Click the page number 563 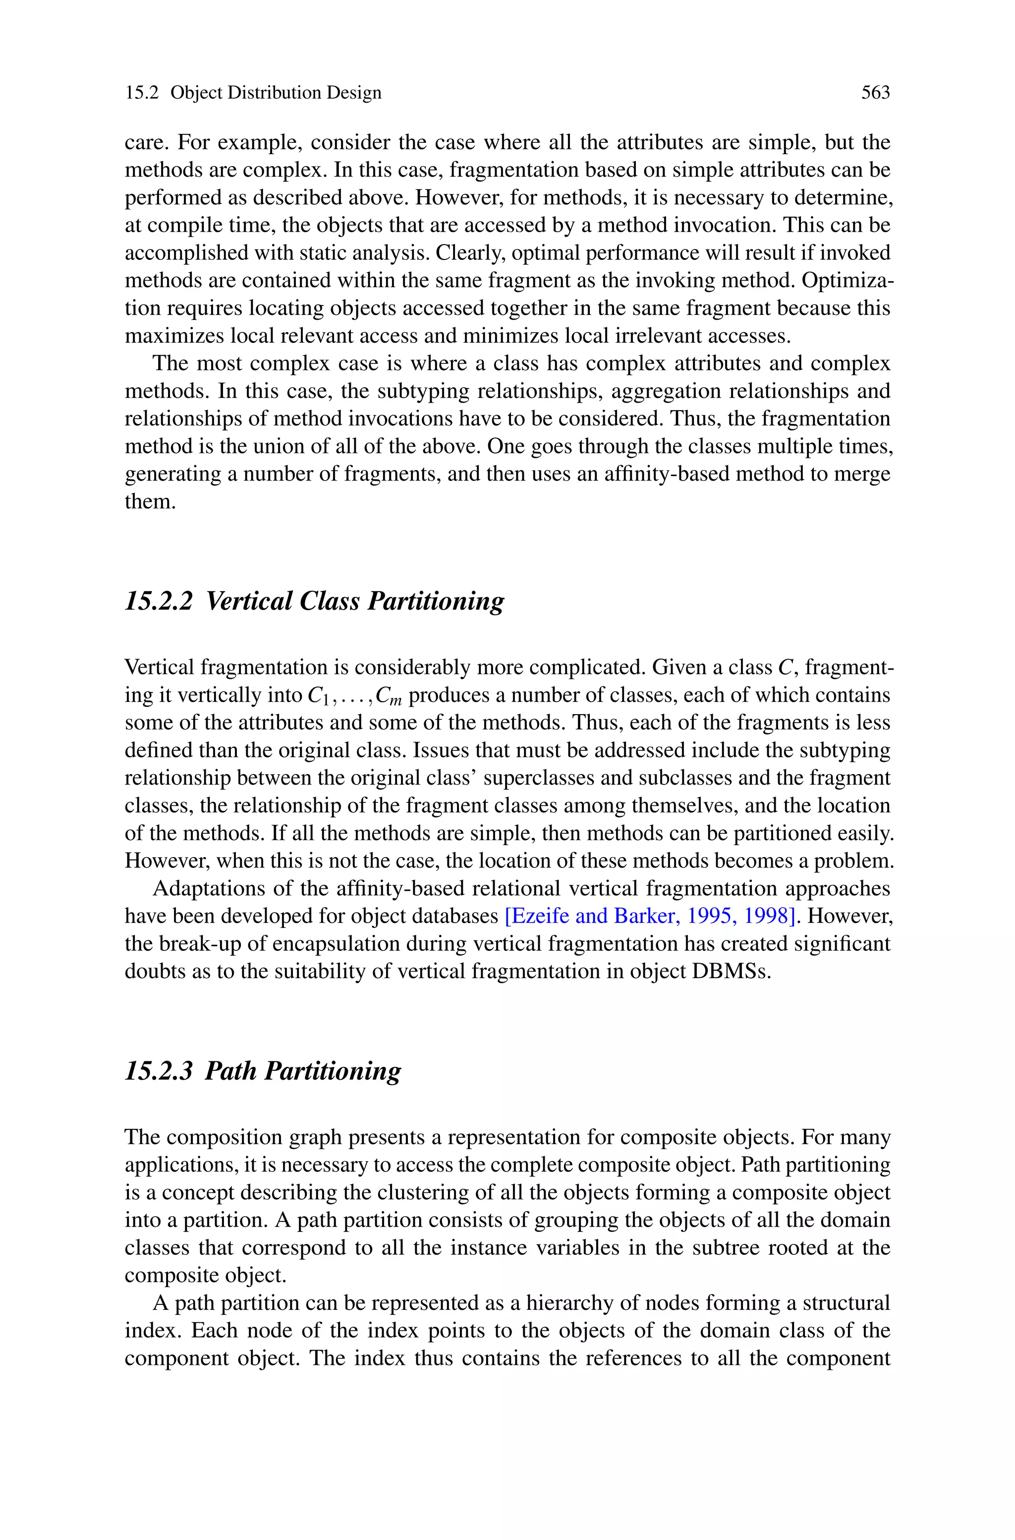[875, 93]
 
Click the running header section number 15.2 [142, 93]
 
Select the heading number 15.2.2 [159, 601]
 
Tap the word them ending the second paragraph [150, 502]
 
